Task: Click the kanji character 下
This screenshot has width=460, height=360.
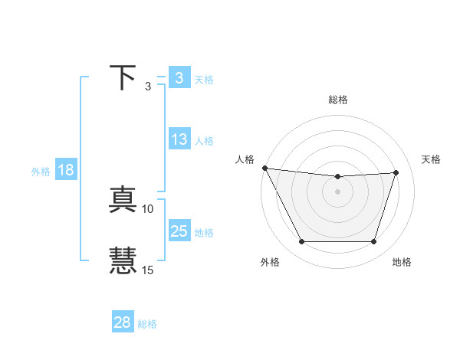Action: pos(123,78)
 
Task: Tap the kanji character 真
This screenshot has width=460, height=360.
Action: pos(123,201)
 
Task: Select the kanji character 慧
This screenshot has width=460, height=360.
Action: pos(123,260)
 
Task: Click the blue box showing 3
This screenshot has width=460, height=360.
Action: pos(179,78)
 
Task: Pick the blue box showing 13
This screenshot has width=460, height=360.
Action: pos(179,139)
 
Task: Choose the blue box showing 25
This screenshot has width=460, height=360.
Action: pos(179,231)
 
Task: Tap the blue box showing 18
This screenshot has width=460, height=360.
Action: pos(66,170)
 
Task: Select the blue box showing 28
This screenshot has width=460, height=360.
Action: pos(123,322)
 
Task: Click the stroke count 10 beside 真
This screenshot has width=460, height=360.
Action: pos(148,208)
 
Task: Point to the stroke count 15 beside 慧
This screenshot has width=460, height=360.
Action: pos(148,270)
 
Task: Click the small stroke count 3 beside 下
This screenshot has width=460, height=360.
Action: pos(148,86)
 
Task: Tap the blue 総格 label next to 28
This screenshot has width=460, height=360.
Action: pos(147,324)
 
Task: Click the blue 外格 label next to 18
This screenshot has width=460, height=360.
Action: pos(41,172)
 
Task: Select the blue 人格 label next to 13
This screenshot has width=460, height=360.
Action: pos(204,141)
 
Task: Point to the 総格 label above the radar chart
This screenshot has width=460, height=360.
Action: pos(338,100)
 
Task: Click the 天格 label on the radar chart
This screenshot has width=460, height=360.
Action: pos(432,159)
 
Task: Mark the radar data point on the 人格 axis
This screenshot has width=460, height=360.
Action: pos(264,168)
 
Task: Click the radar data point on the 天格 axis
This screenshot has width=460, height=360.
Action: pos(396,172)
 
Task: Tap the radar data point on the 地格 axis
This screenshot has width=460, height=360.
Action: pos(374,242)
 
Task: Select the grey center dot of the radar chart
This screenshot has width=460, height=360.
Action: pos(338,191)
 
